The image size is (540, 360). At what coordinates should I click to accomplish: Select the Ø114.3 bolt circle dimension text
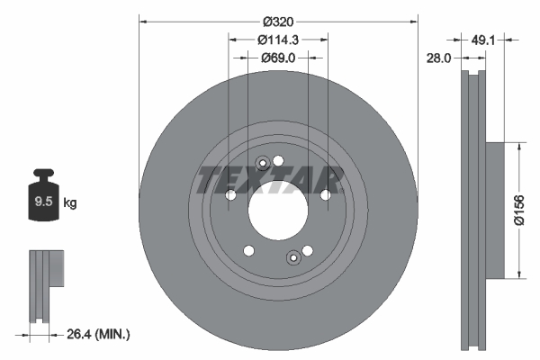click(278, 39)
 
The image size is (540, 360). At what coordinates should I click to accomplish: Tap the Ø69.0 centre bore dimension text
click(278, 58)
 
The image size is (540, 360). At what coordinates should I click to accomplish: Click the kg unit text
click(69, 203)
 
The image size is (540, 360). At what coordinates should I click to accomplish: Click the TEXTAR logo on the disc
click(270, 179)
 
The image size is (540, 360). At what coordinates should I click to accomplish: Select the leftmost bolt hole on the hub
click(230, 194)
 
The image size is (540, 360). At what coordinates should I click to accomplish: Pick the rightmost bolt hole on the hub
click(325, 194)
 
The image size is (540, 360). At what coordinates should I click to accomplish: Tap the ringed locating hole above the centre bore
click(263, 164)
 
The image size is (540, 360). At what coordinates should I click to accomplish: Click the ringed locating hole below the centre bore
click(292, 260)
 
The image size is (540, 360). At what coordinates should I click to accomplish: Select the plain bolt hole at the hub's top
click(279, 161)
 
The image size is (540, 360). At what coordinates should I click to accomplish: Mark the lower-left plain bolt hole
click(249, 251)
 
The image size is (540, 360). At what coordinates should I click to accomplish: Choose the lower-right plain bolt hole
click(307, 251)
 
